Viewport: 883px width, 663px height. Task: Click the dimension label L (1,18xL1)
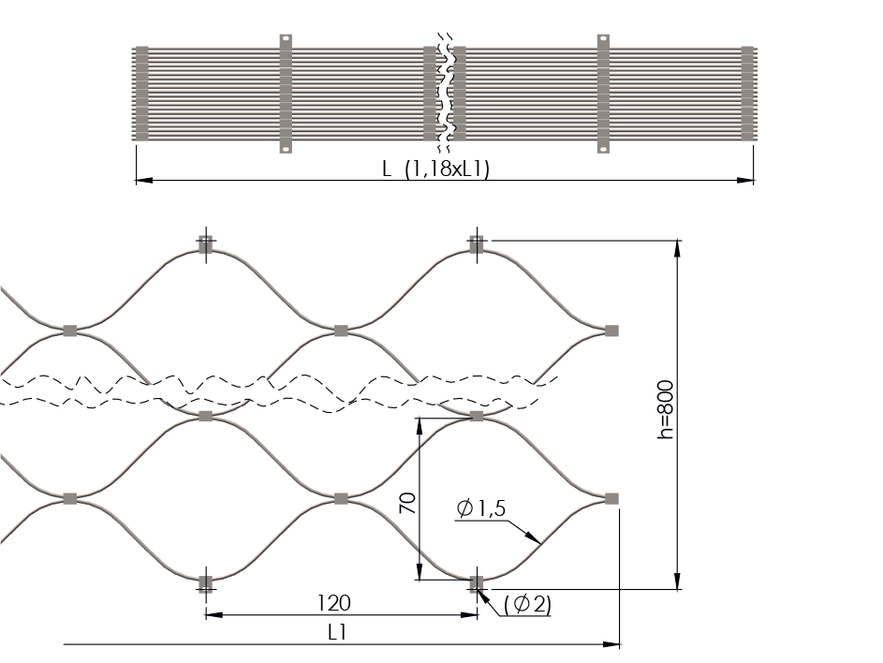click(x=435, y=169)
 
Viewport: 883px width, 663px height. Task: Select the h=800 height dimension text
click(x=666, y=409)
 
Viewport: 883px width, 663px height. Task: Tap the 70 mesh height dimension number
click(x=407, y=503)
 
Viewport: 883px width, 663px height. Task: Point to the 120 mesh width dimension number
click(x=334, y=603)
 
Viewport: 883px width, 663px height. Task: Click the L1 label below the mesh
click(x=337, y=633)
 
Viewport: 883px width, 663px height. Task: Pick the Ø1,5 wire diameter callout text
click(x=481, y=508)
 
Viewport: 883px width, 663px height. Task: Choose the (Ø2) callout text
click(x=528, y=604)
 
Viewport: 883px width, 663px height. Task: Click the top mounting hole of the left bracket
click(x=286, y=40)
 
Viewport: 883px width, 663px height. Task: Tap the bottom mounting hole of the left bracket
click(x=286, y=149)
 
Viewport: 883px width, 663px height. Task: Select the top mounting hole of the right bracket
click(x=603, y=40)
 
